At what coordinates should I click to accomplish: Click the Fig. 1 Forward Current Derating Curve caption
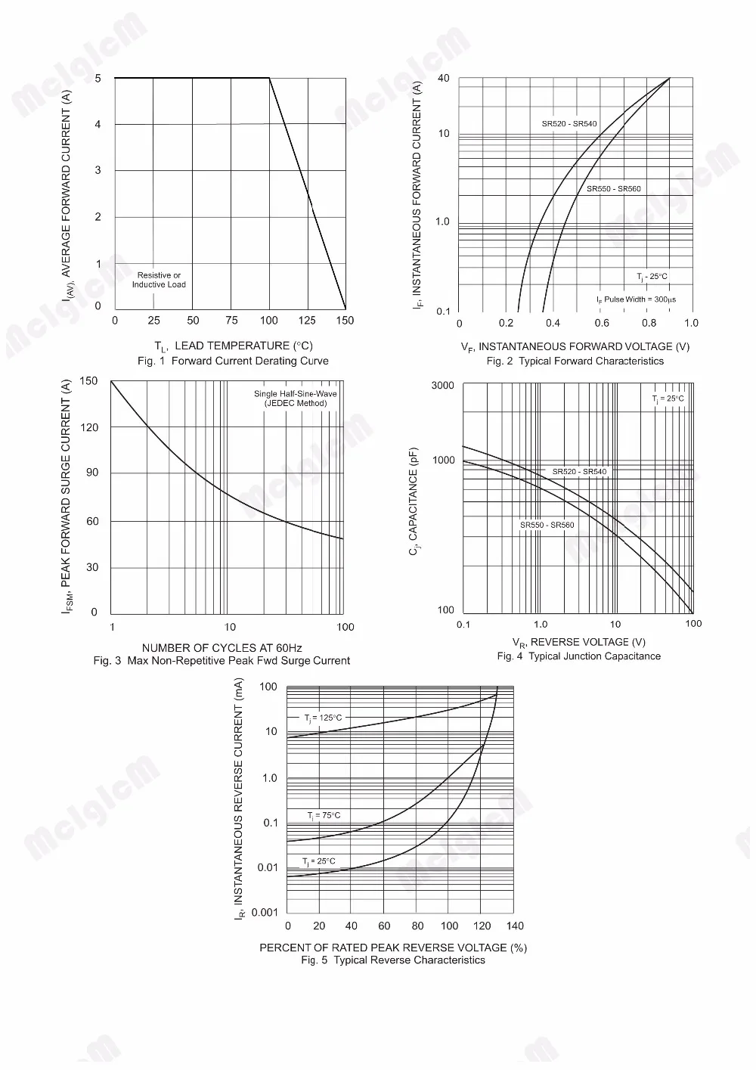[x=233, y=361]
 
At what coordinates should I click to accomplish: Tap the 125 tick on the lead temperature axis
[x=307, y=321]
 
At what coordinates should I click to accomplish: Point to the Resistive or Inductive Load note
[x=159, y=280]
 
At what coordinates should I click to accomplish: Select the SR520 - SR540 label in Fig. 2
[x=569, y=124]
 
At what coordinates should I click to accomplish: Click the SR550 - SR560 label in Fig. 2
[x=614, y=188]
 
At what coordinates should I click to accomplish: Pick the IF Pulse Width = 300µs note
[x=636, y=299]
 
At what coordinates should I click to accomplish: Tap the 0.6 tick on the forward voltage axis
[x=602, y=324]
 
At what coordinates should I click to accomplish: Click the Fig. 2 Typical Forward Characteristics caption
[x=575, y=361]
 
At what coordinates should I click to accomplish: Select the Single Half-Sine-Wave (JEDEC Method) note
[x=296, y=399]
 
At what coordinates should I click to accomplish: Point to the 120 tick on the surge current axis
[x=89, y=427]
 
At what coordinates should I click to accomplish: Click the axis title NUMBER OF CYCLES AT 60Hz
[x=222, y=648]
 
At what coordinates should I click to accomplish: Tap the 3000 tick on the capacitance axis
[x=442, y=386]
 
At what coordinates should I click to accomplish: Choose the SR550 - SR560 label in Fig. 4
[x=547, y=525]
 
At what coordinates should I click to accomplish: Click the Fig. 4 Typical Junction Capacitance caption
[x=578, y=656]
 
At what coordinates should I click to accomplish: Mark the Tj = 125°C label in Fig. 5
[x=323, y=718]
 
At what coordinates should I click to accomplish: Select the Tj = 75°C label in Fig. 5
[x=324, y=816]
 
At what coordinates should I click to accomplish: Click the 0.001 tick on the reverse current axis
[x=265, y=913]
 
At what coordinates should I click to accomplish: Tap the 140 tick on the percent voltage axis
[x=515, y=926]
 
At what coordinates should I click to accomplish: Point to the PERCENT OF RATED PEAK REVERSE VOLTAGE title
[x=392, y=947]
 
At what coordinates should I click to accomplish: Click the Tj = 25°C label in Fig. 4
[x=668, y=399]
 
